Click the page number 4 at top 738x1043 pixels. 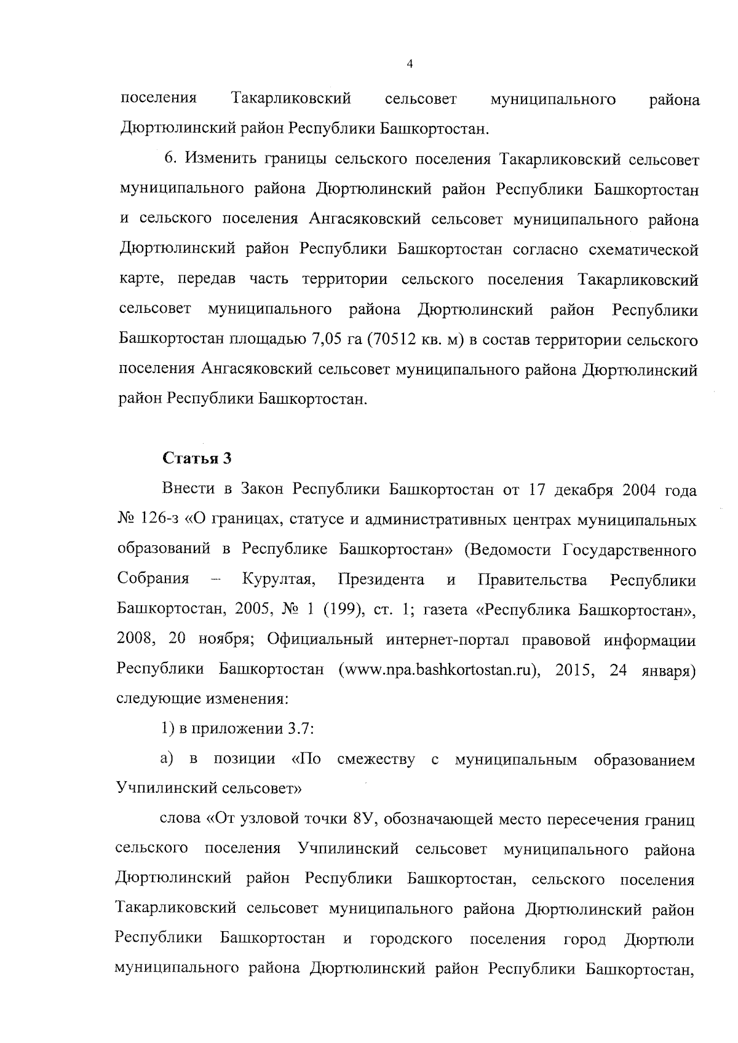pyautogui.click(x=410, y=65)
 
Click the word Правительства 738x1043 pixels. pyautogui.click(x=532, y=580)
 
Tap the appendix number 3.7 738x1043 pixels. pyautogui.click(x=299, y=730)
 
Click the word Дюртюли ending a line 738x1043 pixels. pyautogui.click(x=659, y=940)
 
